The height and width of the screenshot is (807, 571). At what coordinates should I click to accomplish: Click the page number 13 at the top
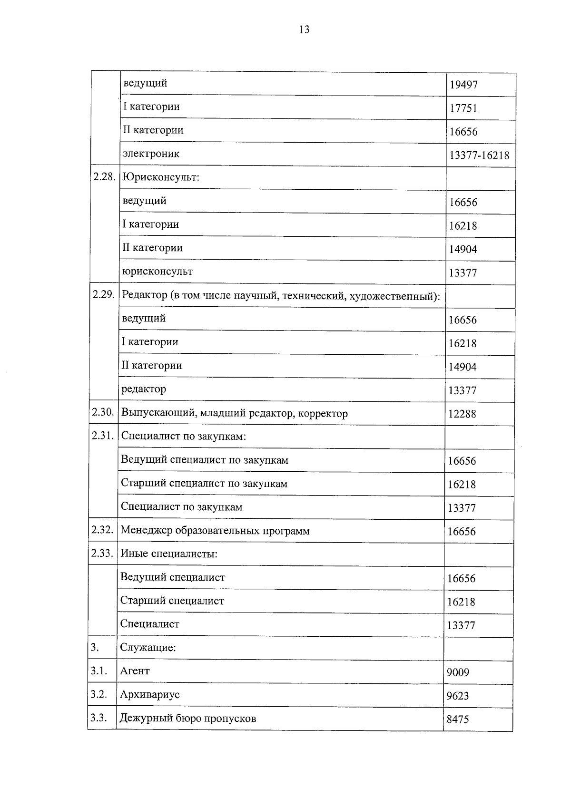[304, 29]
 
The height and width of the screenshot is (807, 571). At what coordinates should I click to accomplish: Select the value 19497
[463, 85]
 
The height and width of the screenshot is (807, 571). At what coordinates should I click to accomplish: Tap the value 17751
[463, 108]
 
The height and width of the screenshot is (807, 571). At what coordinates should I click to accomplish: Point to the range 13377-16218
[479, 156]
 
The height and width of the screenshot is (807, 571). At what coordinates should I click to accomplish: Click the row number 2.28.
[104, 177]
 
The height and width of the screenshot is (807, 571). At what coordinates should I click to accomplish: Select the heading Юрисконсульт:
[161, 177]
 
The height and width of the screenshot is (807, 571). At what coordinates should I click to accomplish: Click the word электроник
[151, 154]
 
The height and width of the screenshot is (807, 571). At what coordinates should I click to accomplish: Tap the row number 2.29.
[104, 294]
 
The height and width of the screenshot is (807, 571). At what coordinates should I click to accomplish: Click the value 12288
[462, 414]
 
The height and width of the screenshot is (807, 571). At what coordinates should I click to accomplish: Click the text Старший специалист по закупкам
[204, 484]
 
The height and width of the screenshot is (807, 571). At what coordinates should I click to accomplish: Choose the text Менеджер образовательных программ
[215, 531]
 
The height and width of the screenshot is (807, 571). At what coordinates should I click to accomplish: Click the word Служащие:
[148, 648]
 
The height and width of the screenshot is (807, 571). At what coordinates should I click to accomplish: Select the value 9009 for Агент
[458, 672]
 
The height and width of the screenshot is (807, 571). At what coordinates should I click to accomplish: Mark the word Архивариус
[150, 695]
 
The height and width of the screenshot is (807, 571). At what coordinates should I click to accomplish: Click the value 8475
[457, 719]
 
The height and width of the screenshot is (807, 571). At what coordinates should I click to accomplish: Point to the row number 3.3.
[98, 718]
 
